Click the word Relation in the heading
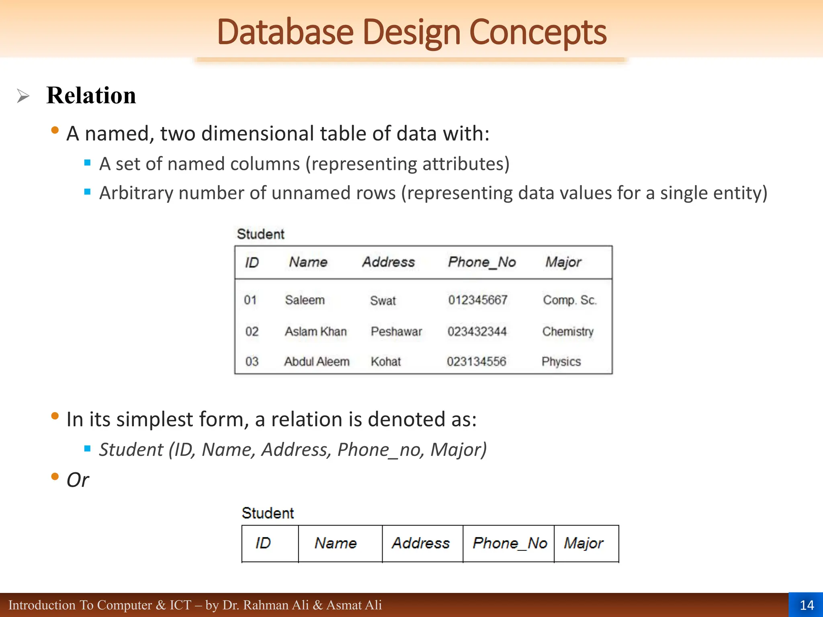(91, 96)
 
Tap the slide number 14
(807, 605)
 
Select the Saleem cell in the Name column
(305, 300)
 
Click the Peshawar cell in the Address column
(396, 331)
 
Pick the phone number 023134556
(476, 362)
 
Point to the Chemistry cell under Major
(567, 331)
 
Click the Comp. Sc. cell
(569, 300)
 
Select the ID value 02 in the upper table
(252, 331)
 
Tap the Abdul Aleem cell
(317, 362)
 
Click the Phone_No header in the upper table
(482, 262)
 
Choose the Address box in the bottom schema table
(421, 543)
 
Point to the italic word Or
(78, 480)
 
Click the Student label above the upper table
(260, 234)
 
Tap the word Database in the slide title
(285, 32)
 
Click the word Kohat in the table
(386, 362)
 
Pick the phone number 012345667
(478, 300)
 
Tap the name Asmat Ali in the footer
(354, 605)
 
